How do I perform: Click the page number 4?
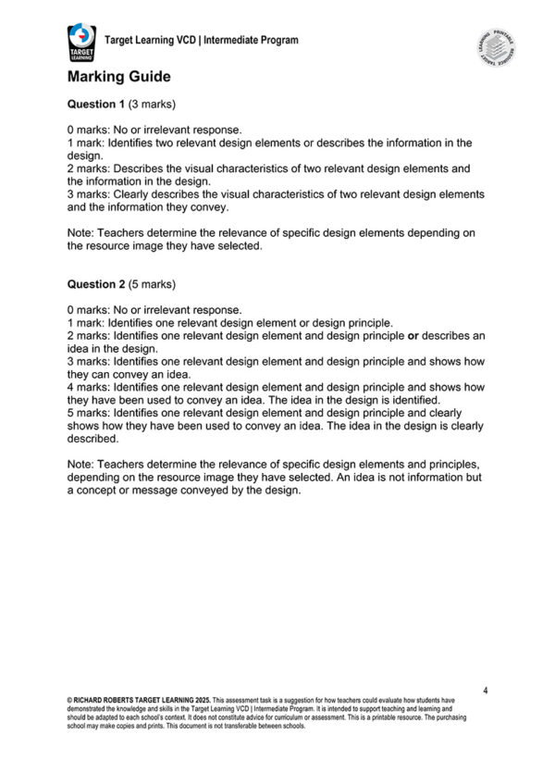click(x=486, y=691)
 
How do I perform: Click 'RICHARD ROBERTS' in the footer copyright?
click(x=107, y=702)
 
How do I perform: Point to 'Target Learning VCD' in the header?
click(x=151, y=40)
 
